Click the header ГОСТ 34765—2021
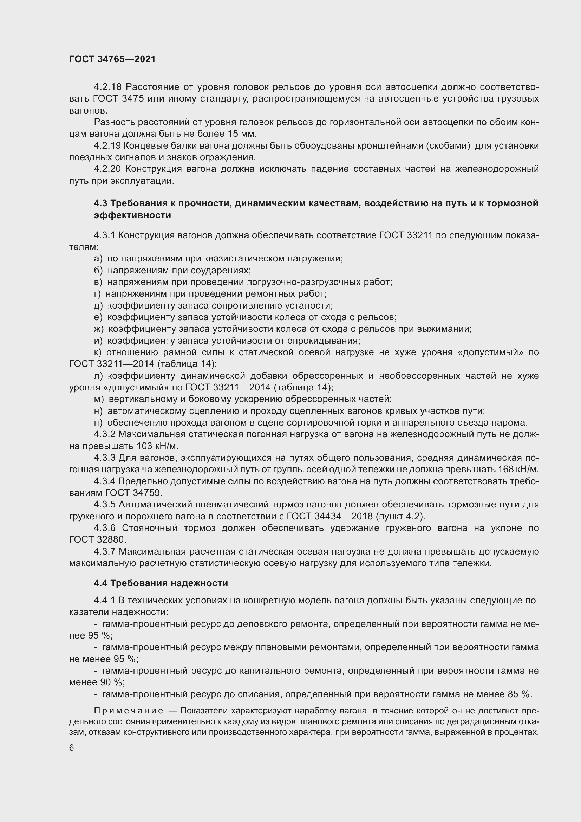[x=112, y=59]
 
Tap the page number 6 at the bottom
[x=72, y=748]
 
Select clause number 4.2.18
[x=108, y=87]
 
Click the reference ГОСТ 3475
[x=118, y=99]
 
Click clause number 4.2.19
[x=108, y=146]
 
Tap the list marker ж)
[x=98, y=329]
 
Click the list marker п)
[x=98, y=422]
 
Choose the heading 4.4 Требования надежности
[x=161, y=583]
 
